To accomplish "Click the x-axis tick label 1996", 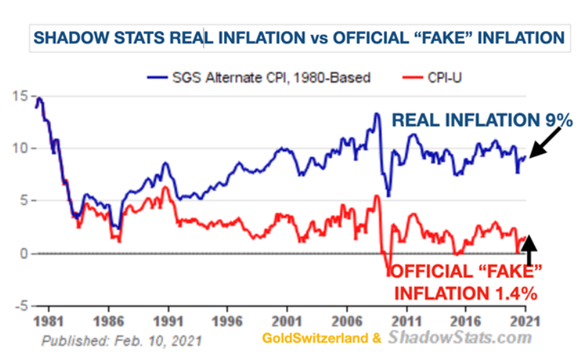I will pos(227,319).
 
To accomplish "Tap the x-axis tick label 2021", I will pos(526,319).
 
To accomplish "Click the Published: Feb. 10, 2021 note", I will pos(121,340).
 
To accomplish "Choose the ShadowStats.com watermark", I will pos(460,338).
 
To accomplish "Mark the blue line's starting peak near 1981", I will pos(39,98).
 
